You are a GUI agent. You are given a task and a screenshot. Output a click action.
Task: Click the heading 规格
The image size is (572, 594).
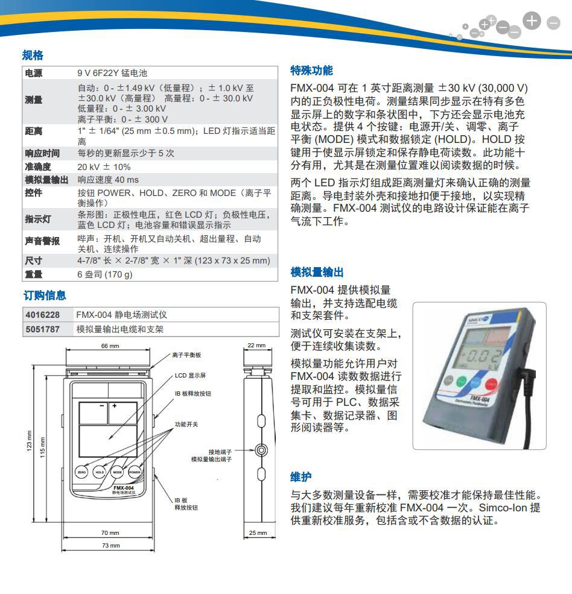33,55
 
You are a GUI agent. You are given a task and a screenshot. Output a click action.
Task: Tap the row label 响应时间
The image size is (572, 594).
42,153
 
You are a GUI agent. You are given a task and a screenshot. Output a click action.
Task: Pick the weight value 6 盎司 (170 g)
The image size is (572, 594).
104,274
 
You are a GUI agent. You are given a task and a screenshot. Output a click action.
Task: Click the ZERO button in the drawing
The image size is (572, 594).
81,472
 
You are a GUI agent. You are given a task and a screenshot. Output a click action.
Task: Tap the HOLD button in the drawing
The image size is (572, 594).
100,472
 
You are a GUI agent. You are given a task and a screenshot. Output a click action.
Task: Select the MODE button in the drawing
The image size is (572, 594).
117,472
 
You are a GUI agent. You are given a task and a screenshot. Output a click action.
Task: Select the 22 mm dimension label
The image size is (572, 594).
257,346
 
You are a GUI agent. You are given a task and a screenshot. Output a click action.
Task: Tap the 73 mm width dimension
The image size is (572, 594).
110,545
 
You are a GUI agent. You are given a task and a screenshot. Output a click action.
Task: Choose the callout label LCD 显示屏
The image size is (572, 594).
190,375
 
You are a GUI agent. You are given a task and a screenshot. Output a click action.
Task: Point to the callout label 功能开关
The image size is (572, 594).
186,425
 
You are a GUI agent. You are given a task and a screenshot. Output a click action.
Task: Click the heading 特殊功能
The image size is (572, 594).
311,70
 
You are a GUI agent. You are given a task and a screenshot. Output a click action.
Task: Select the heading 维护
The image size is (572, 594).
301,477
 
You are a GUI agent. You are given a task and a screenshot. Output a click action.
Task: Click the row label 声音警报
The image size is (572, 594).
42,241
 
